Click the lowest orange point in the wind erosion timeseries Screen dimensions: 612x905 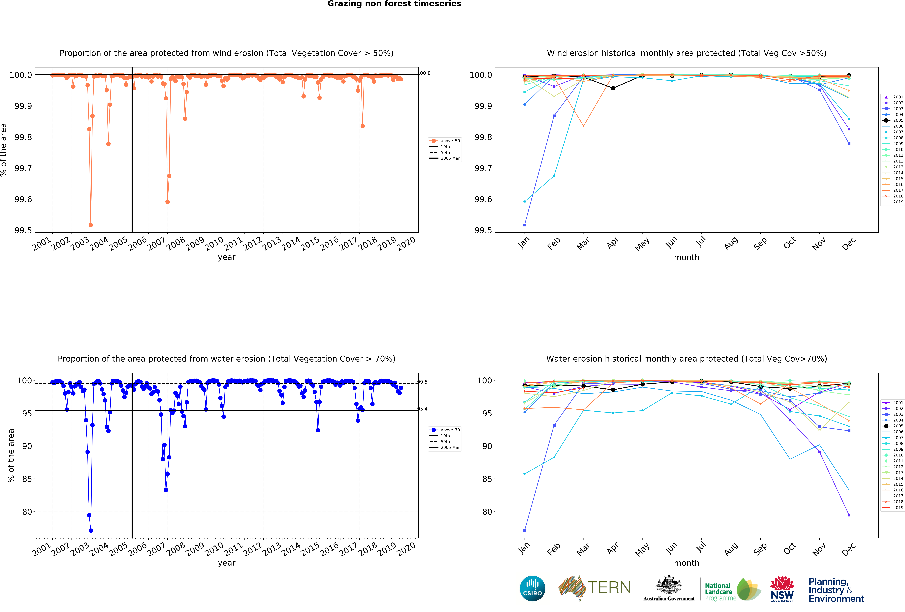[x=91, y=225]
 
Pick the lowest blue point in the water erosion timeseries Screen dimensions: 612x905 [x=91, y=531]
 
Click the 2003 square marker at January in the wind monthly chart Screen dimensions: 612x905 [x=525, y=225]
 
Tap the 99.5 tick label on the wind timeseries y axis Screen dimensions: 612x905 [x=23, y=230]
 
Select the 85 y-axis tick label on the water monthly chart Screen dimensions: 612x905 [x=487, y=479]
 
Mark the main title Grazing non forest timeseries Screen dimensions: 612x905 [x=394, y=4]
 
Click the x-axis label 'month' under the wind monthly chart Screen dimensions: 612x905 [x=687, y=258]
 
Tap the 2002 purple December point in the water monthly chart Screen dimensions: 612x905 [x=849, y=515]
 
